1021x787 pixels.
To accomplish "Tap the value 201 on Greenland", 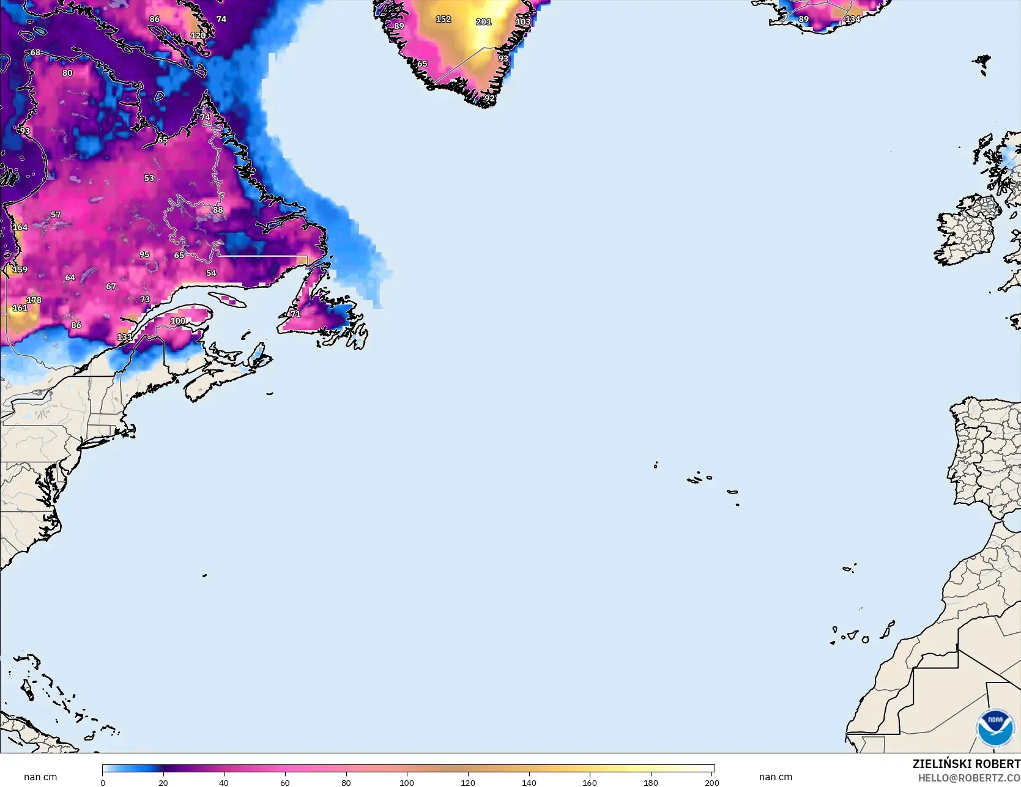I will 483,22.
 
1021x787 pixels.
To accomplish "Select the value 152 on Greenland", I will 443,19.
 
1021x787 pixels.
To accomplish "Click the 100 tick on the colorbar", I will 407,782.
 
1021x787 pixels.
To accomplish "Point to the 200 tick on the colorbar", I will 711,782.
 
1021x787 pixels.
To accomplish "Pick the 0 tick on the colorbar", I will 103,782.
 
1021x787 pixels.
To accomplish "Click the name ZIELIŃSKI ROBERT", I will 966,764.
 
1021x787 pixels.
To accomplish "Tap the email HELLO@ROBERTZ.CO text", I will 969,778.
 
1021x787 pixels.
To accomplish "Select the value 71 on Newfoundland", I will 295,314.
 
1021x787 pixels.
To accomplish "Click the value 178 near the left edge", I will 34,300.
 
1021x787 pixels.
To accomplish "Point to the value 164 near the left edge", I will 20,227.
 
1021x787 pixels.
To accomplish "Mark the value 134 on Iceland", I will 853,19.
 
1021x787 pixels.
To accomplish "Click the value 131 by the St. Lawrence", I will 124,337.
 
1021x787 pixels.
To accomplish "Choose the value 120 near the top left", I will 198,35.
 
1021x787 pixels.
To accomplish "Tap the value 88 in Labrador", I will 218,210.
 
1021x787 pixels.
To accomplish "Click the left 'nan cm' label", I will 40,777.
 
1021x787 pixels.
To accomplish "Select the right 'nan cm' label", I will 775,777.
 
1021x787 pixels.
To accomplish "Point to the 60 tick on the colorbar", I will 285,782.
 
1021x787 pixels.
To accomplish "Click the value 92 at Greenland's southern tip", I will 489,98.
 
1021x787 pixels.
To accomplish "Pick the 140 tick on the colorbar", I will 529,782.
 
